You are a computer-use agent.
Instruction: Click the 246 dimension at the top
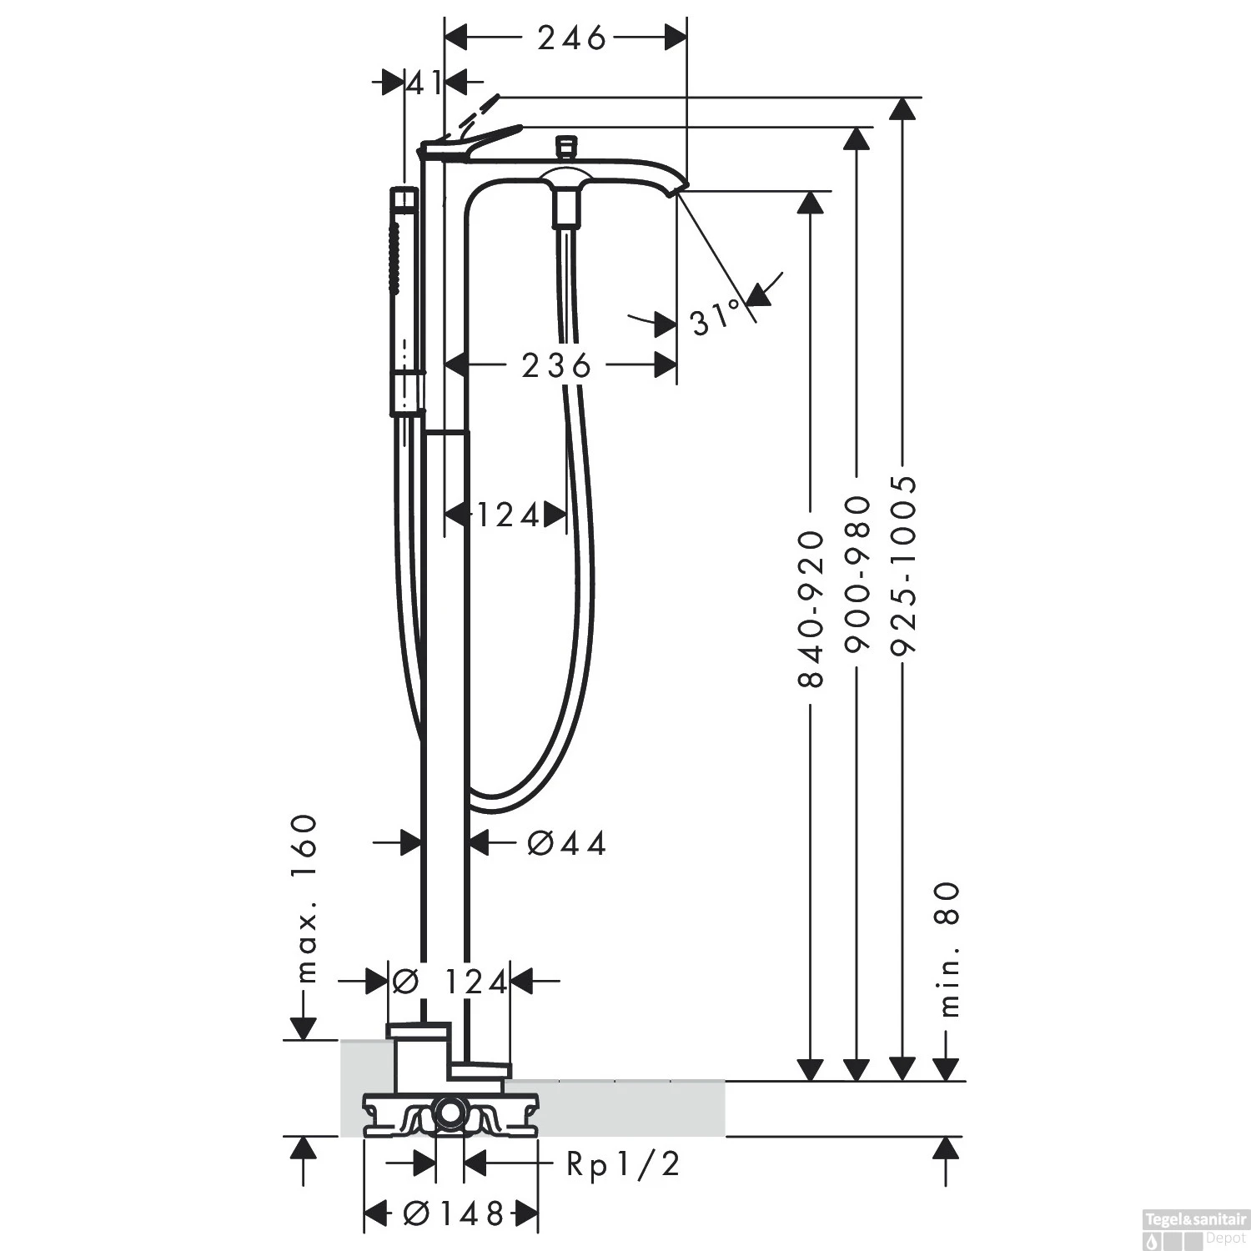coord(571,38)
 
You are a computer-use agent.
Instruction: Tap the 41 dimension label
coord(425,83)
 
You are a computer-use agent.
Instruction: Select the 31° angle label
coord(716,318)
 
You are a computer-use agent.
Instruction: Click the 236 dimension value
coord(556,365)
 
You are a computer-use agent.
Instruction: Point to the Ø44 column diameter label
coord(566,844)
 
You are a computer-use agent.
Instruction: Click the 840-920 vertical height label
coord(811,609)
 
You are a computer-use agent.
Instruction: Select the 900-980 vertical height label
coord(857,574)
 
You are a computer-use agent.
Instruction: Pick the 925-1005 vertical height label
coord(903,567)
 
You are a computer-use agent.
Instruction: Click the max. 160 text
coord(307,899)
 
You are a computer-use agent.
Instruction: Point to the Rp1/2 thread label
coord(623,1164)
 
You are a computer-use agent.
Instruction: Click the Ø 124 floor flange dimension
coord(450,982)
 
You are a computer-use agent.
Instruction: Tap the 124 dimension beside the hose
coord(509,516)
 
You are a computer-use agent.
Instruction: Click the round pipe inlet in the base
coord(450,1113)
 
